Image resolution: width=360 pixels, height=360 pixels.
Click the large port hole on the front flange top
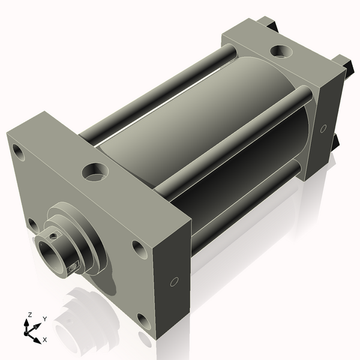(x=95, y=172)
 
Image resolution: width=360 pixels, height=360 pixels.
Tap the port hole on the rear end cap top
(x=281, y=51)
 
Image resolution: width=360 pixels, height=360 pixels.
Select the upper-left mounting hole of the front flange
(x=19, y=152)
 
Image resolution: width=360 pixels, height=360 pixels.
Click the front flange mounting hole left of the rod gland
(x=33, y=226)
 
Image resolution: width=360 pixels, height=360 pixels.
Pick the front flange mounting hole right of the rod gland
(x=140, y=250)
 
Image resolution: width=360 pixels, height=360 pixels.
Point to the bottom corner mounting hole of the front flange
(x=144, y=322)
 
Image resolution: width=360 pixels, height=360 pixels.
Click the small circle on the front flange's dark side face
(x=174, y=282)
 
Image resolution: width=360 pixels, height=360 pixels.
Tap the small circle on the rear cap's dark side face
(x=323, y=128)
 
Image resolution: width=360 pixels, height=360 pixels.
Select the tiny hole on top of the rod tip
(x=54, y=236)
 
